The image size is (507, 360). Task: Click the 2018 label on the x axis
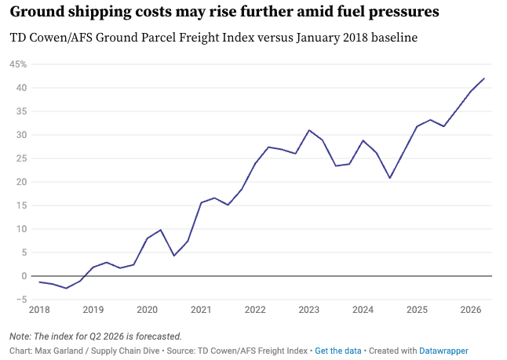tap(39, 310)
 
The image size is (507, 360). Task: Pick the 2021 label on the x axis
tap(201, 310)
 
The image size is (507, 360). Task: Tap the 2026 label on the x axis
tap(470, 310)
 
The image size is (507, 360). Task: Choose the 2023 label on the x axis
tap(308, 310)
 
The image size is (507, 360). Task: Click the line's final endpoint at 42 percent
tap(484, 78)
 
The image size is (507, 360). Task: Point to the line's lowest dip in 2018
tap(66, 288)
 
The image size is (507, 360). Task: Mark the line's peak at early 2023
tap(309, 130)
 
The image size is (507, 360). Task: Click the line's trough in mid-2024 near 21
tap(389, 178)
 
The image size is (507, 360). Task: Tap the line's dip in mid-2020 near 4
tap(174, 256)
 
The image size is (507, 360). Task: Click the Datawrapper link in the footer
tap(443, 351)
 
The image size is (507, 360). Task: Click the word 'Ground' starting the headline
tap(39, 13)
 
